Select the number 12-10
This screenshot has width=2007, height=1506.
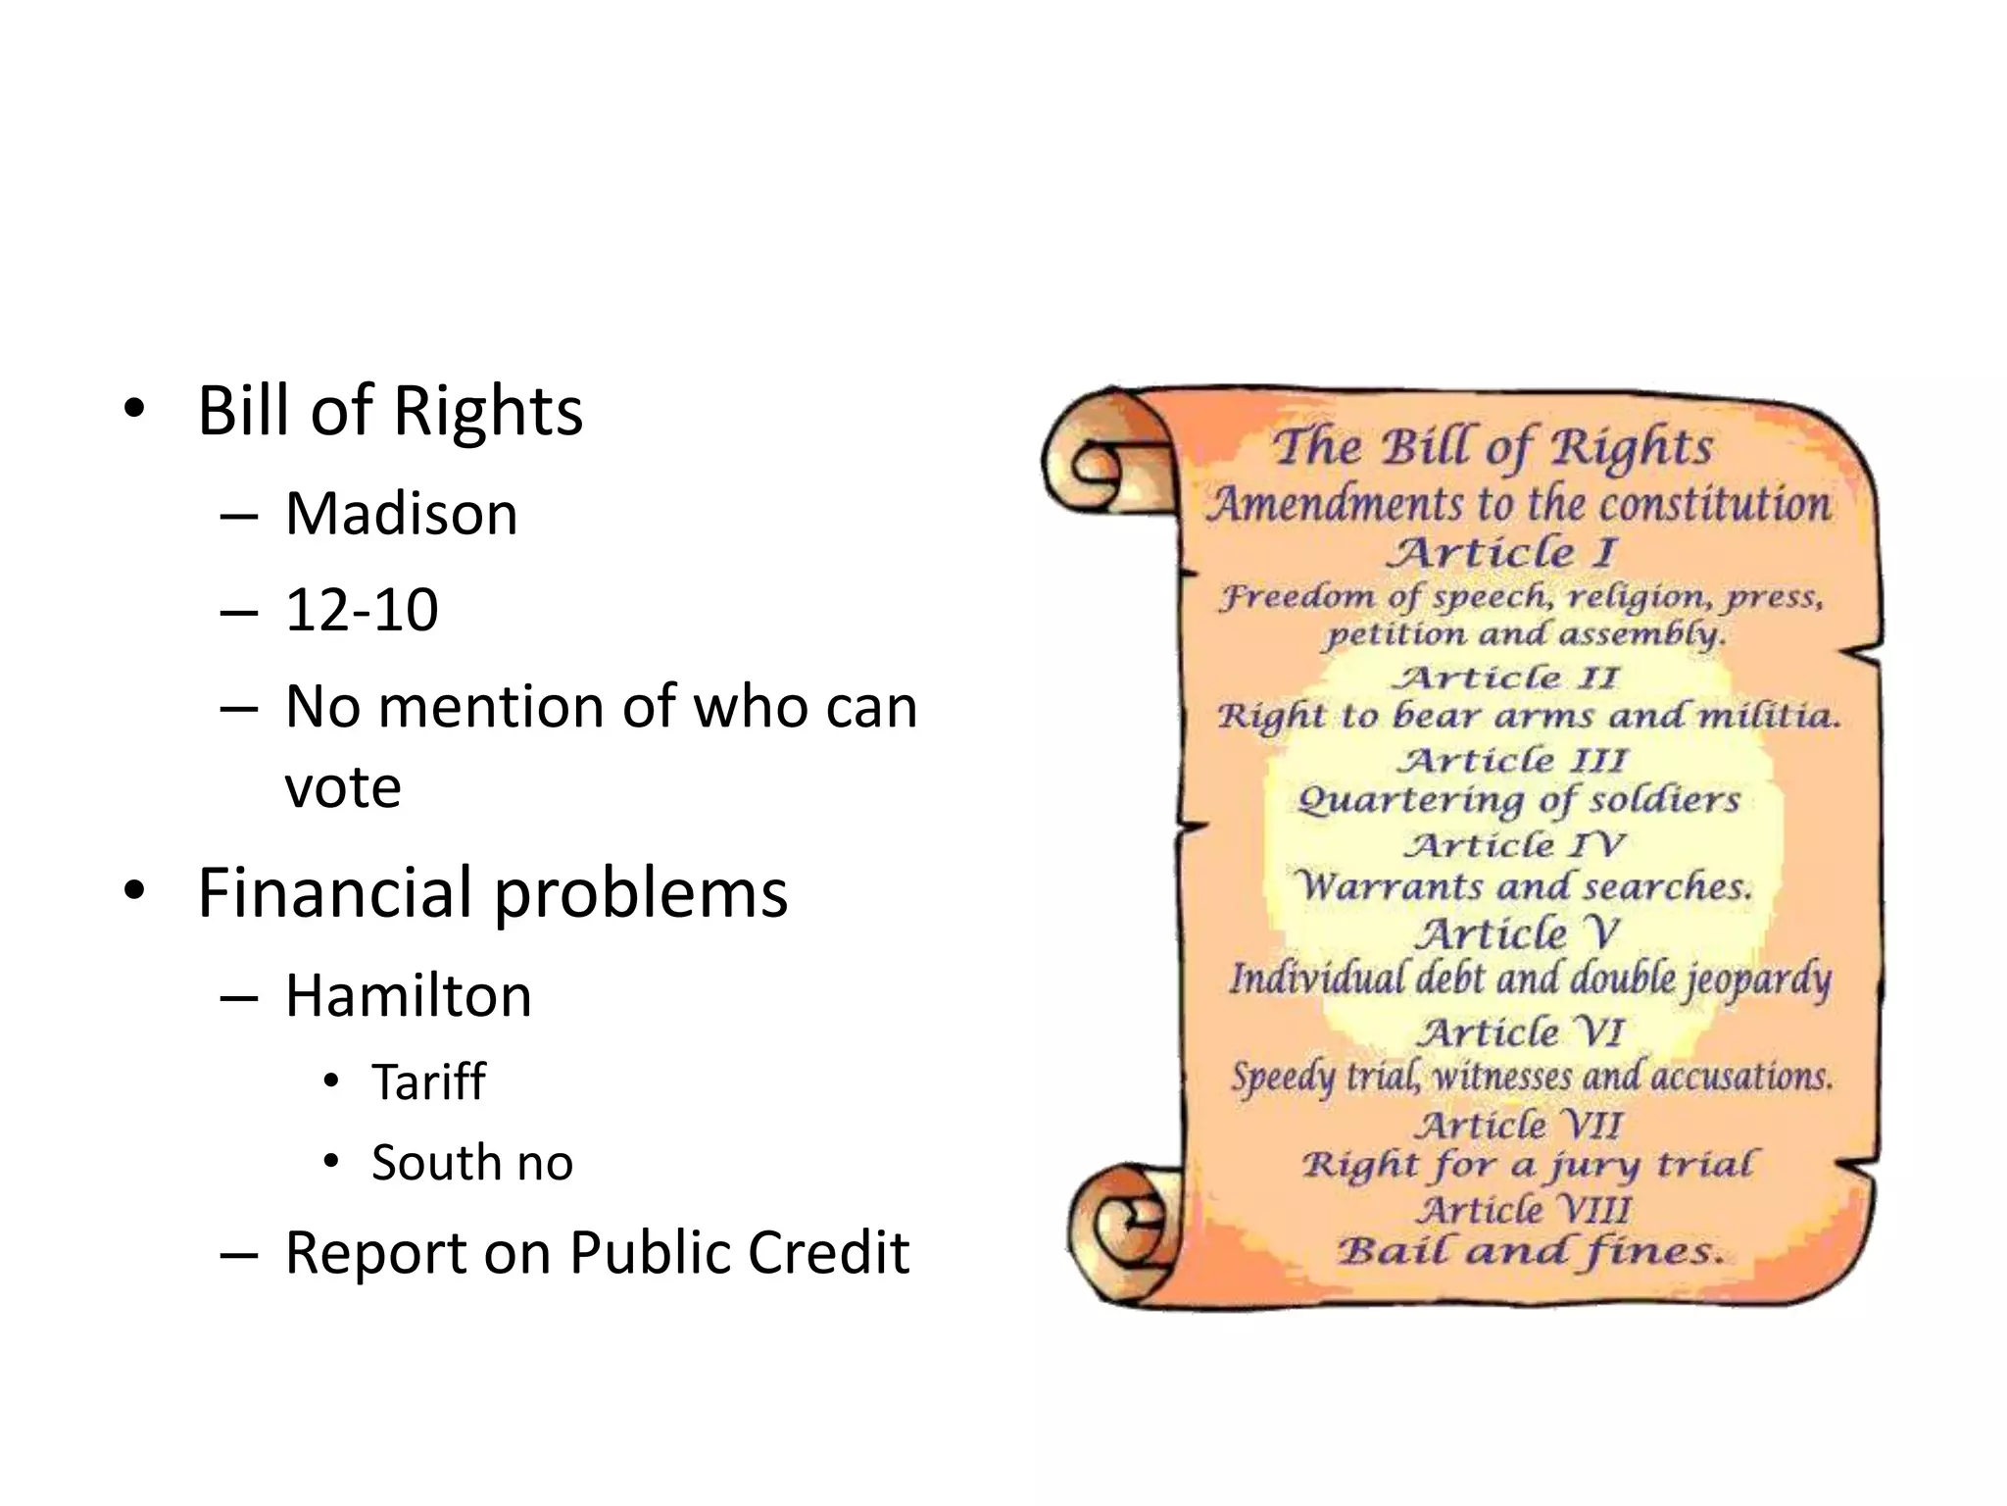pos(361,610)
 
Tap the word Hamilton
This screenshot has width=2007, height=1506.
pos(408,996)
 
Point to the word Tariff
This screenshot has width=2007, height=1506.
pos(428,1082)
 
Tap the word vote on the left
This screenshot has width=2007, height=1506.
pos(343,786)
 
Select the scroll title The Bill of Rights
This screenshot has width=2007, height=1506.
pos(1492,447)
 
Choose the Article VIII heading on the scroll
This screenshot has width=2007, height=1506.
pos(1523,1210)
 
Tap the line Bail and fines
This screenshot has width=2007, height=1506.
pos(1529,1252)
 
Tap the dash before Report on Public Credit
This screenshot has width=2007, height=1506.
pos(238,1254)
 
